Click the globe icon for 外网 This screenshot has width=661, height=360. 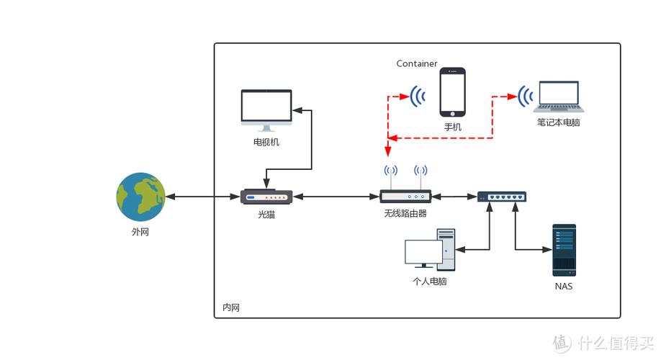coord(141,197)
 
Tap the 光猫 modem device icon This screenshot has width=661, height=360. coord(266,197)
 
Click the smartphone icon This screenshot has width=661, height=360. coord(453,91)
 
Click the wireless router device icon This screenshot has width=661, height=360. coord(405,196)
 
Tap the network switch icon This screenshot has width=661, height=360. coord(502,196)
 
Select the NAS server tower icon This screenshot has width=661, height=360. coord(564,250)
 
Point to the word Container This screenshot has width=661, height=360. coord(417,63)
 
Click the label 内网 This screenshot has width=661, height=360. coord(231,307)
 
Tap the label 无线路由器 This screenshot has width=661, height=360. coord(405,214)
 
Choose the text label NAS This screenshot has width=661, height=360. coord(564,287)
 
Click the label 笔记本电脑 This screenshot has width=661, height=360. coord(559,123)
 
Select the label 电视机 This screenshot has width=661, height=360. coord(266,142)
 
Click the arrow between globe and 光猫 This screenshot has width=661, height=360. coord(202,197)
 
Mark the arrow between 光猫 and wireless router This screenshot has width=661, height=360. coord(336,197)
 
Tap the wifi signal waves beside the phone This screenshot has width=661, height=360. coord(417,95)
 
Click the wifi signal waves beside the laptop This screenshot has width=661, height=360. coord(526,95)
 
